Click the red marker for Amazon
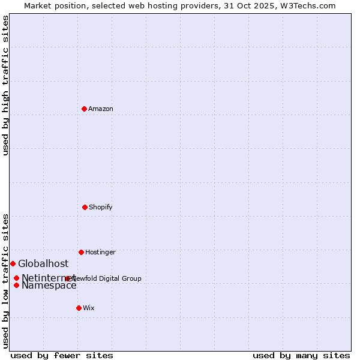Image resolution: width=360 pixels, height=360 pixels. point(84,109)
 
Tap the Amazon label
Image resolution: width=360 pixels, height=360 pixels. point(101,109)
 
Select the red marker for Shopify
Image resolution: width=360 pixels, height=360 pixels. point(85,207)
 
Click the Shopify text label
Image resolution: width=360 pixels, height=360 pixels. point(100,207)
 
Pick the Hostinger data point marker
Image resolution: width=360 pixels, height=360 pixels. point(81,252)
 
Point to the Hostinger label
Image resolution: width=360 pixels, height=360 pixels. point(100,252)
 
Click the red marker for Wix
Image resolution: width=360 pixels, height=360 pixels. point(79,308)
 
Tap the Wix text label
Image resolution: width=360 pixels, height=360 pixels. point(89,308)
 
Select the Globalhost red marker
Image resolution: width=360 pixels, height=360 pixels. point(13,263)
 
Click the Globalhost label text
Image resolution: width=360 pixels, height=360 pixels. point(43,263)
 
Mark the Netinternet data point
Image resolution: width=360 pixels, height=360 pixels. point(16,278)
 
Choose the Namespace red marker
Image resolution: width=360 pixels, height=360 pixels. point(16,285)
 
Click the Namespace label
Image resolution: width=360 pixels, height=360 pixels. point(49,286)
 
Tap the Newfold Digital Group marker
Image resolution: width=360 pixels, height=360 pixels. point(68,278)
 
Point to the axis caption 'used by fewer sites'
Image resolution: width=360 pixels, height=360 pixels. point(62,355)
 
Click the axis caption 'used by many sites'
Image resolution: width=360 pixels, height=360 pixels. point(301,355)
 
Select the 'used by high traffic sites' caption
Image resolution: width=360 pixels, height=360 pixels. point(5,85)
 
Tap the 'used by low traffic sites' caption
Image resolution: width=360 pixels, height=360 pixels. point(5,281)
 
